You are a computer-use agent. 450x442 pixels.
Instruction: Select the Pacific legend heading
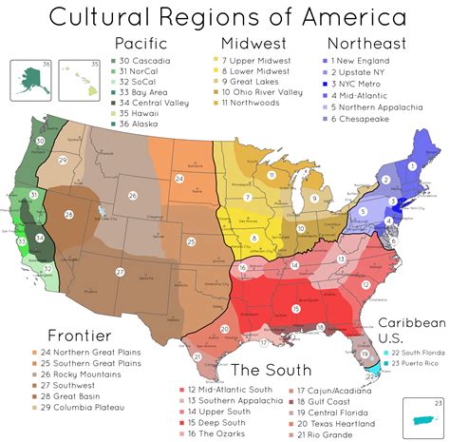(x=141, y=44)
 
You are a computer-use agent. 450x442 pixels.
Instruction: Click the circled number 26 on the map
(x=133, y=196)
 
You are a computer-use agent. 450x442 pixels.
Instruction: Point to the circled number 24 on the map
(x=178, y=177)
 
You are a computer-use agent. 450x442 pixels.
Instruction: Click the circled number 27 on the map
(x=120, y=272)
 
